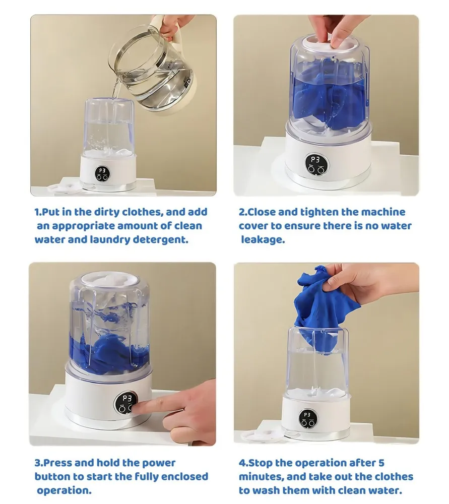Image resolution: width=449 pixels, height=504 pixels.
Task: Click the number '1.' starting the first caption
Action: point(38,212)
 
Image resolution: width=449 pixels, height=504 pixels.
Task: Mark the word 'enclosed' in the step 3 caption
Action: point(184,477)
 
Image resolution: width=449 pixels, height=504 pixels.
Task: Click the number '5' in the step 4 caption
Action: point(381,463)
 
